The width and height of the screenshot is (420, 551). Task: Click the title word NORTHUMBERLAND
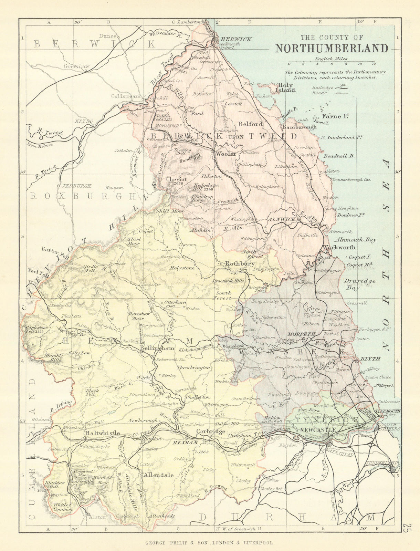tap(332, 48)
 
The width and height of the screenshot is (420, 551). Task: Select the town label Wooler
tap(226, 154)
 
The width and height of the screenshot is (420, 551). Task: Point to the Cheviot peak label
tap(176, 179)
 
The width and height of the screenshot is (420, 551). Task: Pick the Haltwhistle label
tap(103, 433)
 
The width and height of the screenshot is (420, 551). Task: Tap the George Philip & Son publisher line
tap(209, 543)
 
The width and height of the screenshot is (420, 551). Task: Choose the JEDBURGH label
tap(76, 186)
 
